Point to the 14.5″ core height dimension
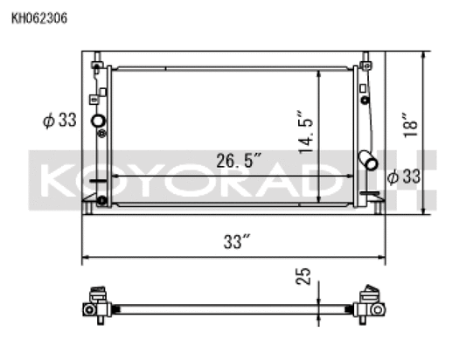tap(305, 132)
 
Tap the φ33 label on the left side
tap(59, 121)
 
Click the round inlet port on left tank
tap(97, 121)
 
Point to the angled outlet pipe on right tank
tap(368, 161)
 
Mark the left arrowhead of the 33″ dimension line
tap(86, 259)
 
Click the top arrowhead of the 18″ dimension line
tap(425, 55)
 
